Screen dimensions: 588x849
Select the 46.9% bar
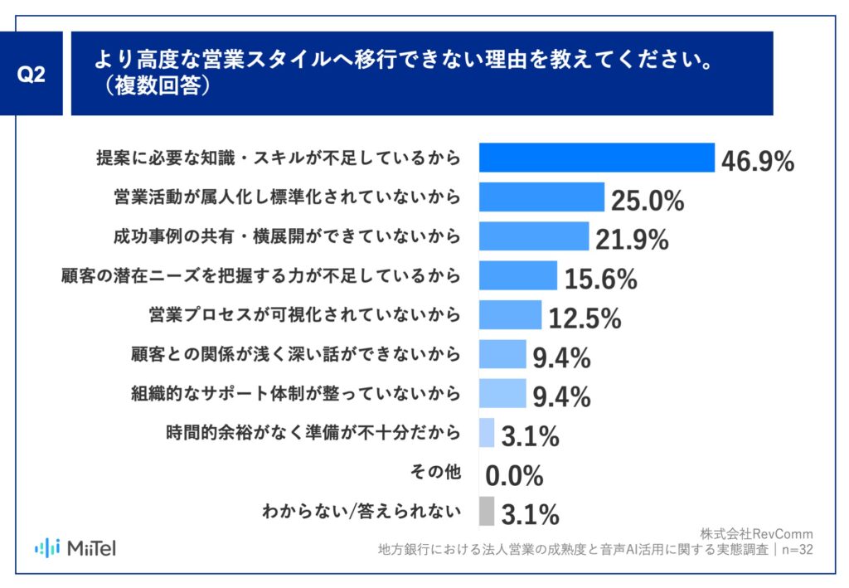[x=597, y=158]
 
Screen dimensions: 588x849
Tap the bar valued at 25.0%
[x=542, y=197]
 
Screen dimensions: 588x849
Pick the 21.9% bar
[x=534, y=236]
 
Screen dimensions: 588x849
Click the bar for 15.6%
[x=518, y=275]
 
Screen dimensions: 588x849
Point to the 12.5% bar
[x=511, y=314]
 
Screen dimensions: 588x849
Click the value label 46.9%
[x=758, y=161]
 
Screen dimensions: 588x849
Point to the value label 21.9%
[x=632, y=240]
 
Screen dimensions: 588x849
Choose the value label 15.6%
[x=601, y=279]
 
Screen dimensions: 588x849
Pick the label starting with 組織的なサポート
[x=295, y=393]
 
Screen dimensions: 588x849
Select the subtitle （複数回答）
[x=154, y=87]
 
